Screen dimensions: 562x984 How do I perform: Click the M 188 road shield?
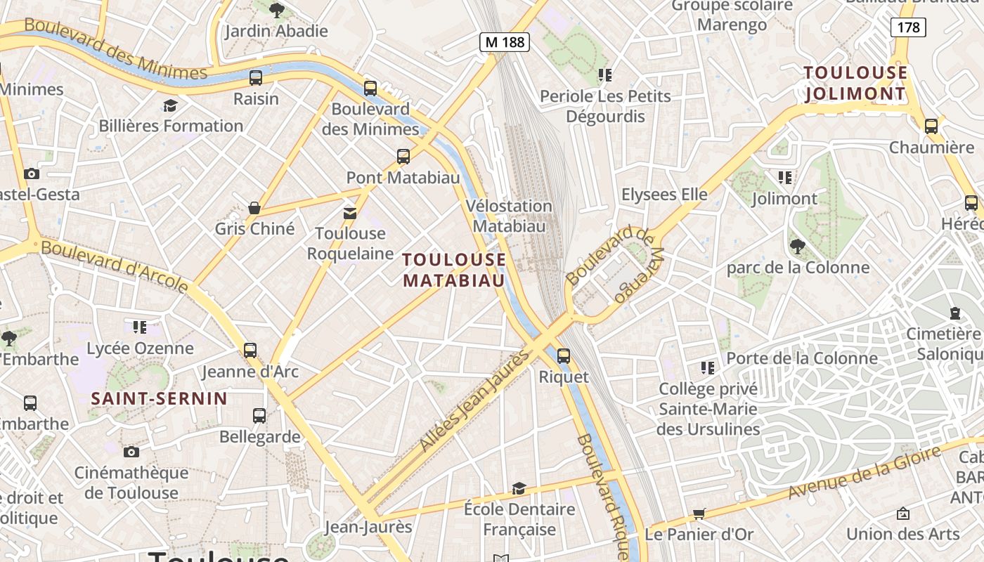coord(505,42)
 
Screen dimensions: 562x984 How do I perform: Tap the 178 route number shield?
coord(908,27)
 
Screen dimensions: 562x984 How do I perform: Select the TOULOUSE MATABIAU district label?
coord(454,270)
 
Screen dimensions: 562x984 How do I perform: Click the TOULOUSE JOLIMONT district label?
coord(855,83)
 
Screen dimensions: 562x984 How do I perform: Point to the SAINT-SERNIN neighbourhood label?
coord(159,399)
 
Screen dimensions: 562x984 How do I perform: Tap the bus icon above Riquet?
coord(564,356)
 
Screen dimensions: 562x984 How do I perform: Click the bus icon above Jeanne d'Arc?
coord(250,351)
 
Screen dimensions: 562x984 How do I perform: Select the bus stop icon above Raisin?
coord(256,78)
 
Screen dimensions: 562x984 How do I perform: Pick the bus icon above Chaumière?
coord(931,126)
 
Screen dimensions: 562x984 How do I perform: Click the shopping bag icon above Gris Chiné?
coord(254,208)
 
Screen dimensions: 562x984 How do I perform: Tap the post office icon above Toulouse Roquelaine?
coord(349,213)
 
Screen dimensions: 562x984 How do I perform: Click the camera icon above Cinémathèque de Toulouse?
coord(131,452)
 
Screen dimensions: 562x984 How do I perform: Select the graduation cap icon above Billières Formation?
coord(170,105)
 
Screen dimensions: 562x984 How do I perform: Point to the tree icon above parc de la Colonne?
coord(798,246)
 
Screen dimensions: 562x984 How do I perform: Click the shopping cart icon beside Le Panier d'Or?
coord(699,514)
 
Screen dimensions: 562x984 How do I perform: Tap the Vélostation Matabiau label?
coord(509,216)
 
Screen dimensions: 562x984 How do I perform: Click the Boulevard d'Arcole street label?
coord(115,266)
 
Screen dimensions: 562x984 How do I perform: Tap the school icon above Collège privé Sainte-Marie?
coord(708,367)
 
